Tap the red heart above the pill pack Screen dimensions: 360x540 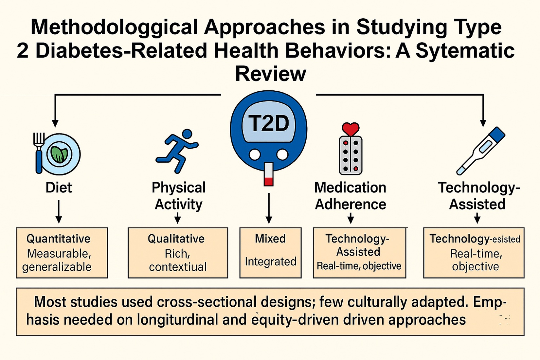(351, 129)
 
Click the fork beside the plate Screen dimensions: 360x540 (39, 152)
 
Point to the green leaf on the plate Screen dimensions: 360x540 (59, 154)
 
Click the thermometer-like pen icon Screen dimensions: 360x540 (480, 151)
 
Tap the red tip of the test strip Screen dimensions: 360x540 (268, 181)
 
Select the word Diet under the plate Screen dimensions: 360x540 (59, 188)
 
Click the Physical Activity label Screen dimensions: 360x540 (178, 196)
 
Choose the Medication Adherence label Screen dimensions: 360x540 (350, 196)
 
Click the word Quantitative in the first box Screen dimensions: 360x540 (58, 239)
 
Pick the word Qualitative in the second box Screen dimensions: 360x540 (176, 239)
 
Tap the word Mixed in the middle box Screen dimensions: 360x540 (270, 239)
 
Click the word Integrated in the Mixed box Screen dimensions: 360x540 (270, 261)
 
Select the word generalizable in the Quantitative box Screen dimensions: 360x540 (57, 267)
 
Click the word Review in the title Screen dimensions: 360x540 (270, 74)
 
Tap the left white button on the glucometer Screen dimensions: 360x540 (255, 154)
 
